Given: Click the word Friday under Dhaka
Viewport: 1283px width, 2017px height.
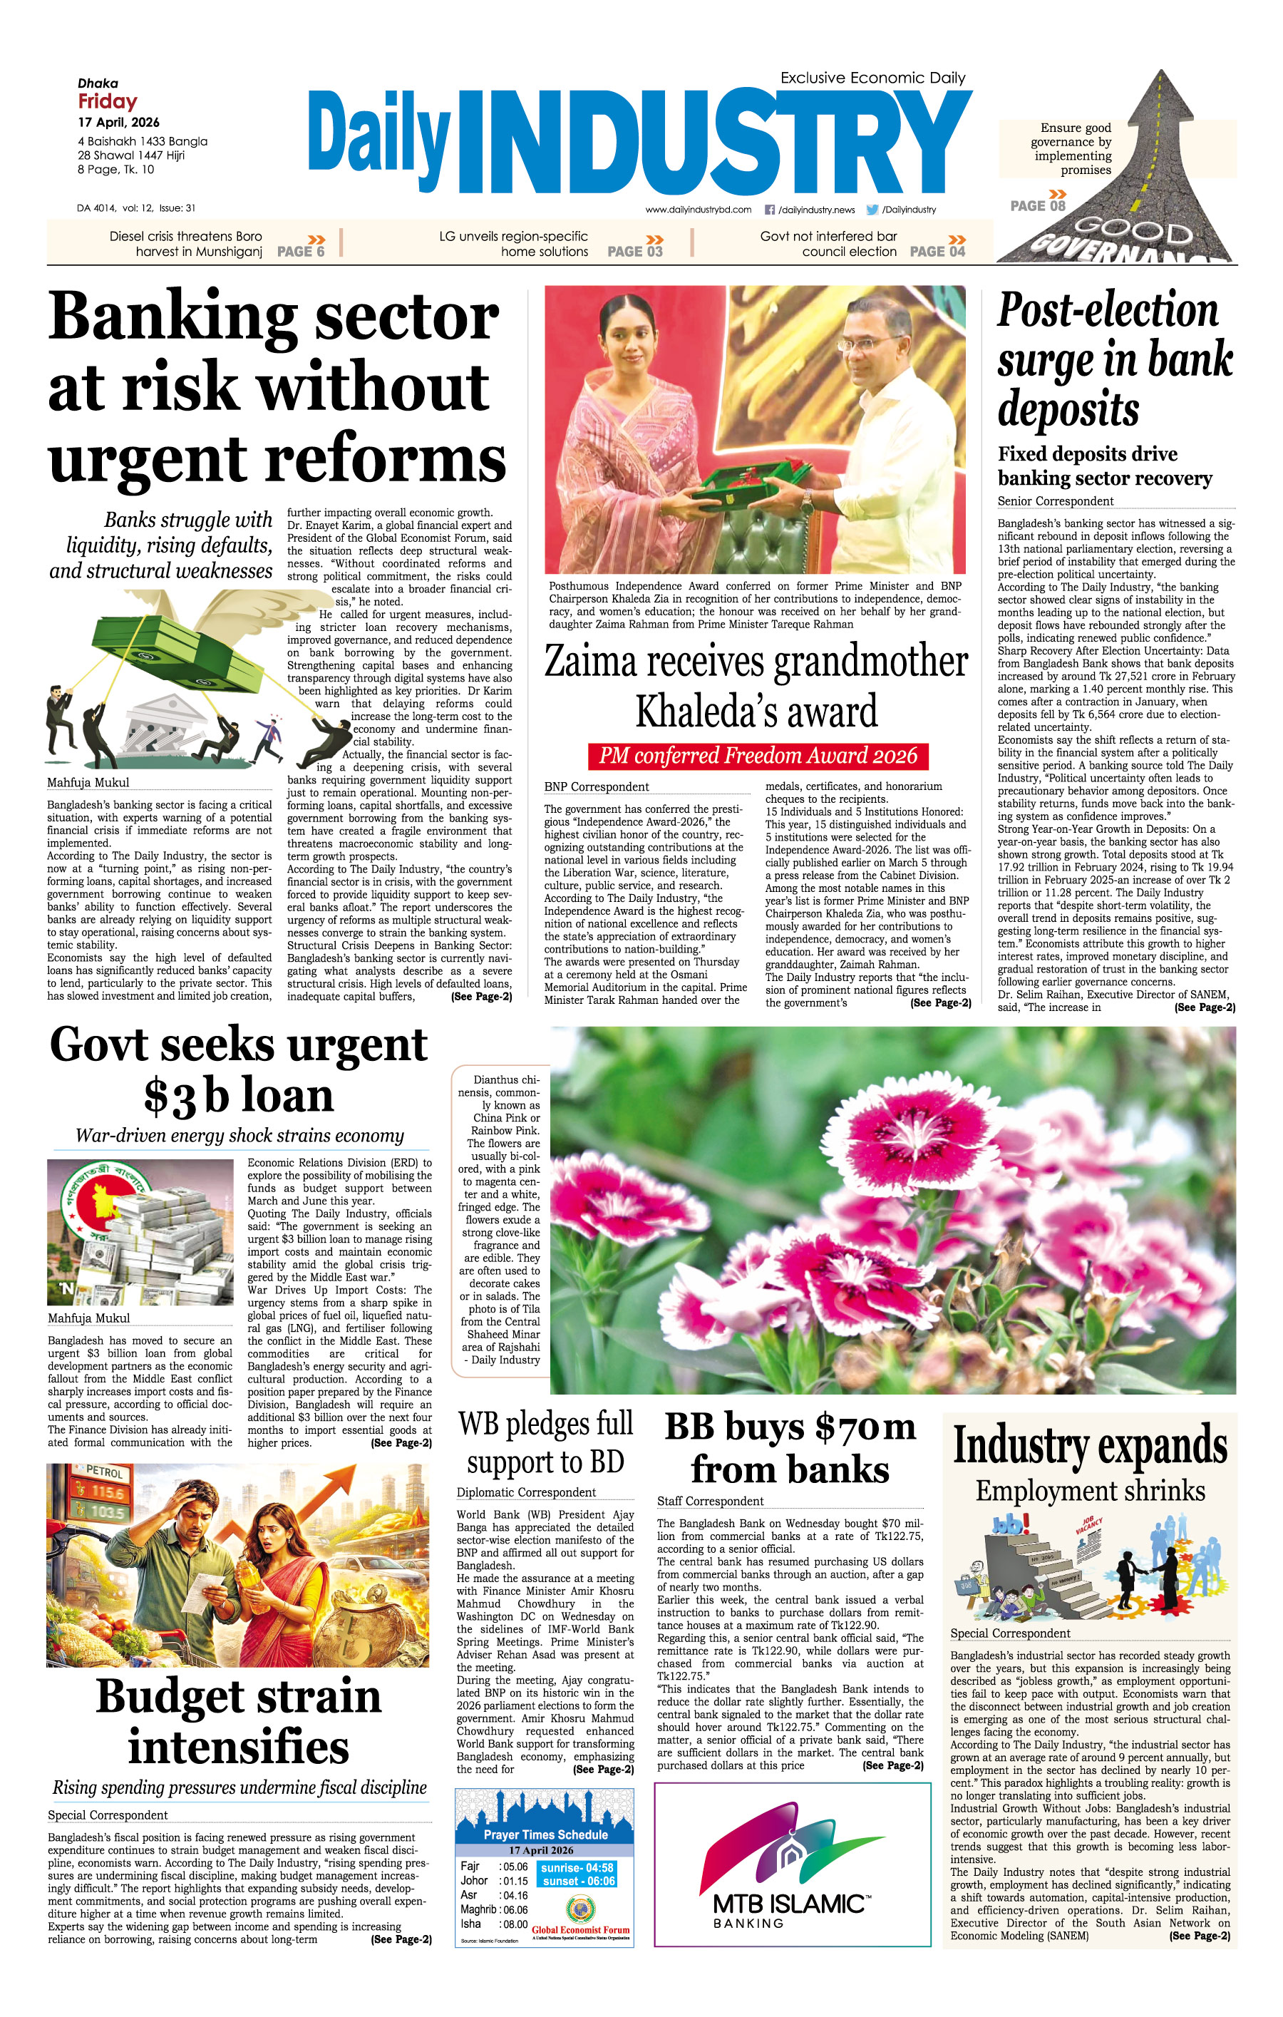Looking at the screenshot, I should pyautogui.click(x=107, y=102).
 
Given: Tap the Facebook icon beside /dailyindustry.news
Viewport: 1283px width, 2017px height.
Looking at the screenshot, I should pyautogui.click(x=770, y=210).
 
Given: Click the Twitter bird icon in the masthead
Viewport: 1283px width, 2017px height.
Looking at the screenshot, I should pyautogui.click(x=872, y=210).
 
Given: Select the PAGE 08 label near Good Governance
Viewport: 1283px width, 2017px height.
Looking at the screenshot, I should pyautogui.click(x=1038, y=206).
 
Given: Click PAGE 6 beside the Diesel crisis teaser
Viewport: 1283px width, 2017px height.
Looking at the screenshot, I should pyautogui.click(x=301, y=251).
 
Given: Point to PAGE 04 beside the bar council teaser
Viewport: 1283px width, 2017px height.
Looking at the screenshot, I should pyautogui.click(x=937, y=251).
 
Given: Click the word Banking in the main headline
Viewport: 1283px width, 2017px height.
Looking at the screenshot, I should pyautogui.click(x=172, y=318).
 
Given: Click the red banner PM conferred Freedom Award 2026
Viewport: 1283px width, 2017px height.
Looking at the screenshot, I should pyautogui.click(x=758, y=756).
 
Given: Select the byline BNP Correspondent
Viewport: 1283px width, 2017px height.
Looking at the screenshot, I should pyautogui.click(x=597, y=786).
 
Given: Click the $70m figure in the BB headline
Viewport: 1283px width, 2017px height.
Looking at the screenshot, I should pyautogui.click(x=865, y=1427).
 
